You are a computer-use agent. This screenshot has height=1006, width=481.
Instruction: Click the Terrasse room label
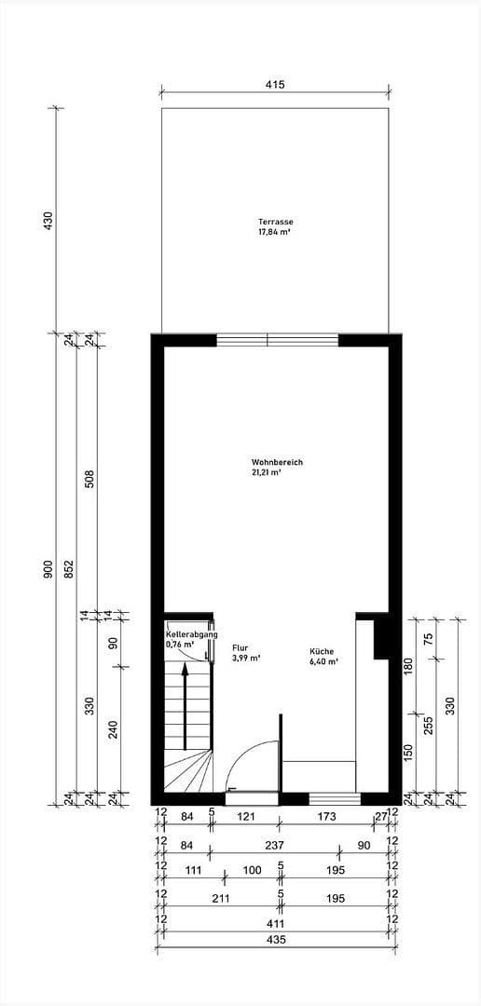pyautogui.click(x=276, y=222)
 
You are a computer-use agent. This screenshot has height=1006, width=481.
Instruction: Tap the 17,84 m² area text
pyautogui.click(x=276, y=232)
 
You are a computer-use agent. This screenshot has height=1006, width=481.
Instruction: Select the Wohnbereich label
pyautogui.click(x=277, y=462)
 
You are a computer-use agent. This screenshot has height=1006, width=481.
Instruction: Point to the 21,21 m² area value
pyautogui.click(x=267, y=473)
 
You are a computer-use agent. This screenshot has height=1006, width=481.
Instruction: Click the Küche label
pyautogui.click(x=322, y=651)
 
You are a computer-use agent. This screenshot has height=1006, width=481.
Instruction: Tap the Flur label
pyautogui.click(x=240, y=647)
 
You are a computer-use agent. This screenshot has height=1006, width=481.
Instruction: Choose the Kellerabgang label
pyautogui.click(x=191, y=634)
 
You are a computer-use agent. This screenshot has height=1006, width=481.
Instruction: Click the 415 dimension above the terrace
pyautogui.click(x=274, y=85)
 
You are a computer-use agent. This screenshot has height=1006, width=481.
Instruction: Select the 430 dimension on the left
pyautogui.click(x=48, y=221)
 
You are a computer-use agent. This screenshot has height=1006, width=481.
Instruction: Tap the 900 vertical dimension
pyautogui.click(x=48, y=569)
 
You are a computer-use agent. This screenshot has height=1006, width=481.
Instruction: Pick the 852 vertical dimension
pyautogui.click(x=70, y=569)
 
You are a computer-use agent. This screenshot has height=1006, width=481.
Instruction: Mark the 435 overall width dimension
pyautogui.click(x=274, y=940)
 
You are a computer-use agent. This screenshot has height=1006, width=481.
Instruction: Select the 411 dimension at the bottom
pyautogui.click(x=274, y=922)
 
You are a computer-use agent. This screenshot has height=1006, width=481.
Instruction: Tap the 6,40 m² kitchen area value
pyautogui.click(x=323, y=662)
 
